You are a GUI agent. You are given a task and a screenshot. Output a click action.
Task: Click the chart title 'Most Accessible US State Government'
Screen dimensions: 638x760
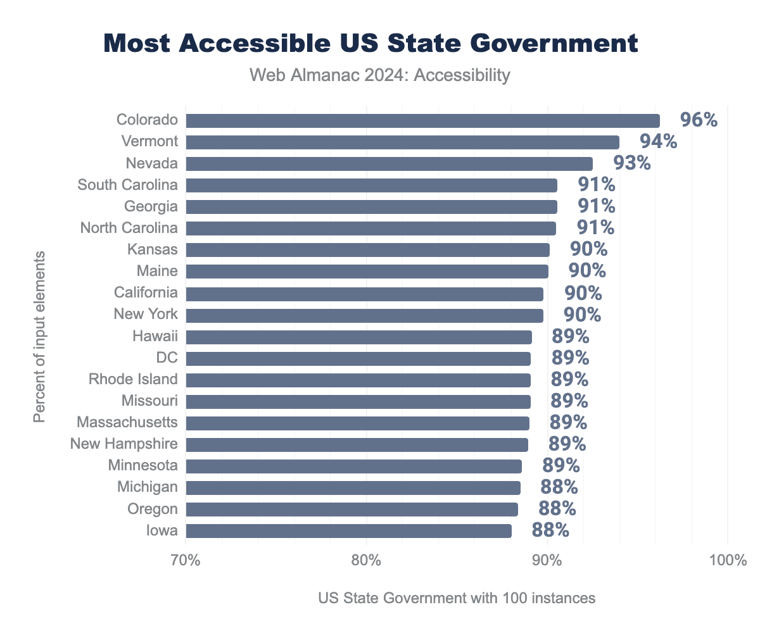370,44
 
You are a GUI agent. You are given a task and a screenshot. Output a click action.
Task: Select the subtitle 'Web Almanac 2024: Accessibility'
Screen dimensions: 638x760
379,76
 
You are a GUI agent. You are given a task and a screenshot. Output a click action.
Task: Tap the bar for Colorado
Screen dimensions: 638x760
422,121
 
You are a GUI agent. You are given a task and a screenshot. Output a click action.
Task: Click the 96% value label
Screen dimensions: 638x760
698,120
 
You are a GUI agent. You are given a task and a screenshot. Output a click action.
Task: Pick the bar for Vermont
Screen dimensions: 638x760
402,142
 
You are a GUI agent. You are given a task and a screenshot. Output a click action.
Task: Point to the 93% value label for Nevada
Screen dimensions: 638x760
631,163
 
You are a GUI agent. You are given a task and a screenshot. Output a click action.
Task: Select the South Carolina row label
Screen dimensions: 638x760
127,185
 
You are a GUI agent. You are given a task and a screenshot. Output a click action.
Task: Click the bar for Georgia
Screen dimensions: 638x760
371,207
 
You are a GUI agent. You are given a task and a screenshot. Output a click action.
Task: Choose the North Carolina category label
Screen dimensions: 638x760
129,228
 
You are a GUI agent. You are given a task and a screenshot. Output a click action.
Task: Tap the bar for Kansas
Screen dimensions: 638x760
367,250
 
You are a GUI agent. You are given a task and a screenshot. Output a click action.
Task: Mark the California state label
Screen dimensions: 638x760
146,292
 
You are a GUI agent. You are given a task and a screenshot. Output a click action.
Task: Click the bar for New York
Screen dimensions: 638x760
364,315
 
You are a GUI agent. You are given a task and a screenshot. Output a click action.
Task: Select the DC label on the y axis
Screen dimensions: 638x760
167,358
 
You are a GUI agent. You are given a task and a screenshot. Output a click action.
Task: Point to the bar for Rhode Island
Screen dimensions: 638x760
358,380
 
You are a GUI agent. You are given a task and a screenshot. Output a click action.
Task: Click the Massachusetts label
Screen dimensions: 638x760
127,422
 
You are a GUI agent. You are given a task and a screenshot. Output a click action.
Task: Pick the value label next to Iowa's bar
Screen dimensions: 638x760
550,530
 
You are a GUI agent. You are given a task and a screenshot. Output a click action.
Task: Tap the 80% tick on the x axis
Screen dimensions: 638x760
366,561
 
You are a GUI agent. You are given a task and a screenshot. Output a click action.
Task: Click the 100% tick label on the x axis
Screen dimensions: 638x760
727,561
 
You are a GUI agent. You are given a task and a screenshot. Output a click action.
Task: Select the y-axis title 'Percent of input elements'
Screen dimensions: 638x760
39,337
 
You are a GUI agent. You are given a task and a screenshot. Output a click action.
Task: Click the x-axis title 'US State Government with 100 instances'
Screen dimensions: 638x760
457,598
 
